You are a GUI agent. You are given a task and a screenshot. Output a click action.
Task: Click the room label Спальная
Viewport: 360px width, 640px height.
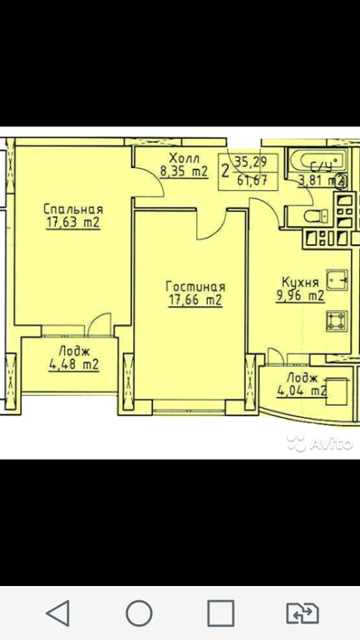(73, 209)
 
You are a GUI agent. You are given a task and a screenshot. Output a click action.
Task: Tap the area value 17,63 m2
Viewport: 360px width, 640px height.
(73, 224)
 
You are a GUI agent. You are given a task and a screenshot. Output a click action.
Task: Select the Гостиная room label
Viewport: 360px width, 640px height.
(195, 287)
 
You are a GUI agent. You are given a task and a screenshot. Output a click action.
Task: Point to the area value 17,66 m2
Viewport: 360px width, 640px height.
(195, 300)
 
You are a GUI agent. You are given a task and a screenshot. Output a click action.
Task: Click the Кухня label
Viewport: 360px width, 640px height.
(301, 282)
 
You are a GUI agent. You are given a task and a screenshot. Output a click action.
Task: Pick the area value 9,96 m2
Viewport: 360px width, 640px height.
(301, 296)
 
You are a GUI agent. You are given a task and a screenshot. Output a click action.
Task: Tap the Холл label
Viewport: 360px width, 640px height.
(185, 158)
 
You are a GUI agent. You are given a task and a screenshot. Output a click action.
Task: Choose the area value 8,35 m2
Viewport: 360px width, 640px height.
(184, 171)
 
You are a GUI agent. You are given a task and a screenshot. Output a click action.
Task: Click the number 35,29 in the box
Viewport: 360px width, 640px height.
(251, 162)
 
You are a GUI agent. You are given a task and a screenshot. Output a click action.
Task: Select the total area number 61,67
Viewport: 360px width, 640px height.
(252, 180)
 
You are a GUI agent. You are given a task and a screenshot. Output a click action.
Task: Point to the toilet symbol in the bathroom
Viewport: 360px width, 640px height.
(316, 215)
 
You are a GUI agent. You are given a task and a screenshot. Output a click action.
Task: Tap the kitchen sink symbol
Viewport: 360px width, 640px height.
(338, 279)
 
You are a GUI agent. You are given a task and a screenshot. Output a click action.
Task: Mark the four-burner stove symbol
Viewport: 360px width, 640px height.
(337, 320)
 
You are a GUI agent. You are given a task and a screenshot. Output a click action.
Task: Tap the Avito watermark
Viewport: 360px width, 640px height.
(319, 442)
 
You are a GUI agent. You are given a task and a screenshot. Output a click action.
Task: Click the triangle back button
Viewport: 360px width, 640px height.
(59, 613)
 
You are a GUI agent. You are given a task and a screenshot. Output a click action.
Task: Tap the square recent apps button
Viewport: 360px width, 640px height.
(221, 613)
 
